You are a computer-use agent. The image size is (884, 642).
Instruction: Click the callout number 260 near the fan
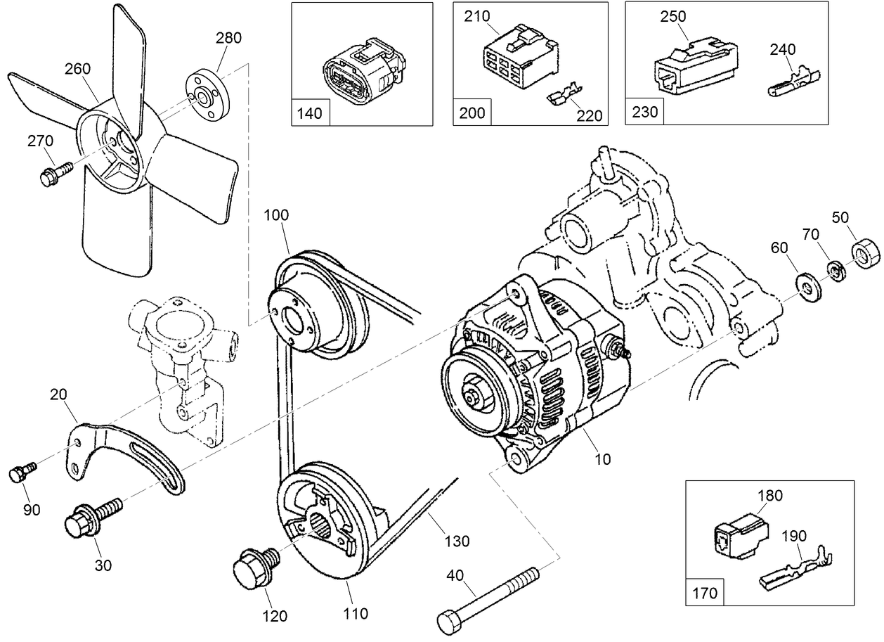[77, 69]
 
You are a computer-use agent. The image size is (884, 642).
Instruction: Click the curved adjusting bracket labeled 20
[126, 454]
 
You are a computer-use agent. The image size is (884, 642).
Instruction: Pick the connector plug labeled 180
[737, 534]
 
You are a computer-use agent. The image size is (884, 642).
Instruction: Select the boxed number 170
[704, 592]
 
